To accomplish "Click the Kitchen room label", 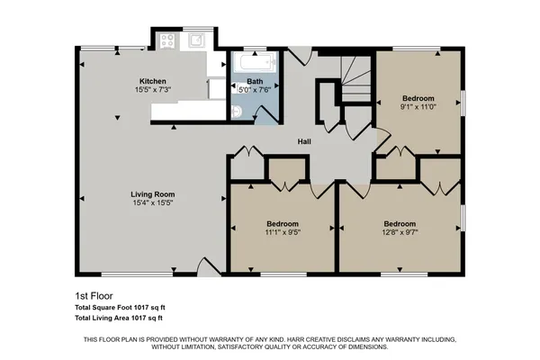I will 153,80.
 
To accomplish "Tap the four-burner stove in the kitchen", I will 167,40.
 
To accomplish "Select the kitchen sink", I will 196,40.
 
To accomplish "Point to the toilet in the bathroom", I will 235,111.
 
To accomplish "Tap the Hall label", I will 305,141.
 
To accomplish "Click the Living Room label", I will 152,194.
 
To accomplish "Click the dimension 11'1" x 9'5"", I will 283,232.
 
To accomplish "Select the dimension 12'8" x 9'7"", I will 400,232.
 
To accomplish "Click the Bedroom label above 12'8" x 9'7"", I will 400,223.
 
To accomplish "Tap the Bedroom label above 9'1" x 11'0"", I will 418,98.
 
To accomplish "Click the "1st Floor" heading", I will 92,295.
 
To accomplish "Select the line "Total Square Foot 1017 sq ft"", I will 119,308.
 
